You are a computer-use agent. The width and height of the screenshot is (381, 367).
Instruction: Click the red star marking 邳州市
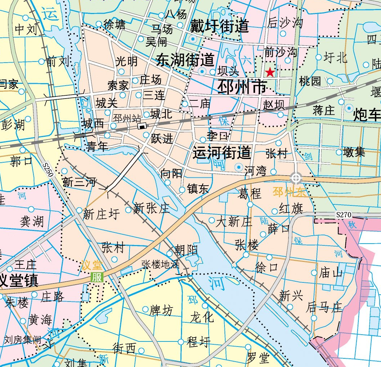[x=270, y=73]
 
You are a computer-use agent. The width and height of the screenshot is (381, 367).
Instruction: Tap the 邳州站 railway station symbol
[x=142, y=126]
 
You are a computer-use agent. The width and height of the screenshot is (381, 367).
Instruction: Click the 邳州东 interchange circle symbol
[x=296, y=178]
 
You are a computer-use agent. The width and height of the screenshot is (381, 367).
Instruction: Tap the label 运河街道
[x=222, y=153]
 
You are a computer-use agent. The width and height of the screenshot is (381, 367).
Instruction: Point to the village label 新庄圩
[x=101, y=214]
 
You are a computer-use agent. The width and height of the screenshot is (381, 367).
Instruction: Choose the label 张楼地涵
[x=160, y=264]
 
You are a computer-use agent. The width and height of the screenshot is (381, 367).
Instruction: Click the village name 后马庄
[x=324, y=307]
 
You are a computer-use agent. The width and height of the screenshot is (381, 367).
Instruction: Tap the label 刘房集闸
[x=22, y=340]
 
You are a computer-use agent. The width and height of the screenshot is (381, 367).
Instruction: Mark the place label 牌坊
[x=161, y=310]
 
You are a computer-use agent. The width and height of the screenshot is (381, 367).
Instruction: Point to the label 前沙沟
[x=281, y=52]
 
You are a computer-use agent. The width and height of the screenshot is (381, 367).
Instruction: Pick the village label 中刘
[x=26, y=30]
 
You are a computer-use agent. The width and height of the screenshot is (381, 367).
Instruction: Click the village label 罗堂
[x=258, y=358]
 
